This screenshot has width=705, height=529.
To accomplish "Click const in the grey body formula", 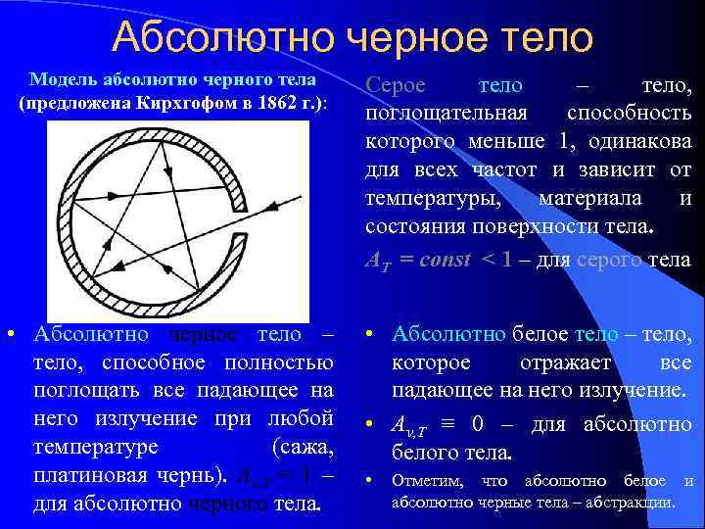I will (x=436, y=260).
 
